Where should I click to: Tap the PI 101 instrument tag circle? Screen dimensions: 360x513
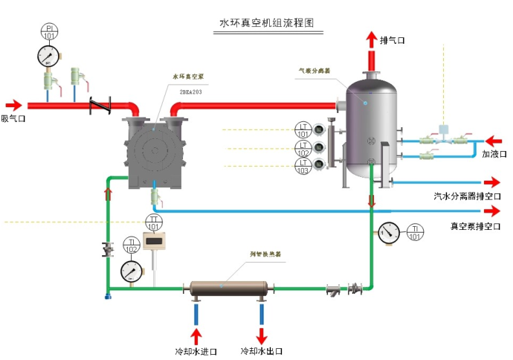[x=49, y=32]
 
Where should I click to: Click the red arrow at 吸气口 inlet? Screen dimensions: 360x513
[x=14, y=106]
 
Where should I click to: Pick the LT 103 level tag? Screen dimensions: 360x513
[x=303, y=167]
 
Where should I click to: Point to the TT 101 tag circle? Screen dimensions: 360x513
[x=154, y=222]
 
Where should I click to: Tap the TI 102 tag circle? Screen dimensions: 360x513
[x=132, y=245]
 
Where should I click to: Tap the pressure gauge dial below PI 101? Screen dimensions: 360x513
[x=49, y=57]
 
